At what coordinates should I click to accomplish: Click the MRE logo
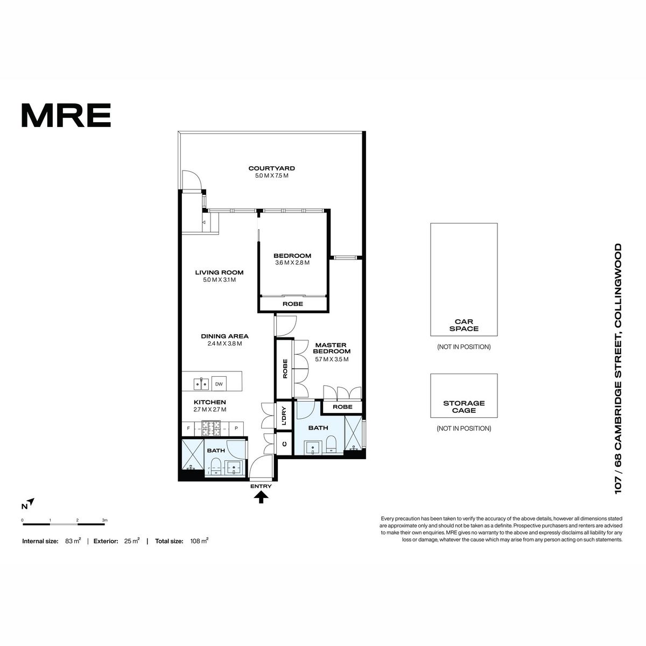(66, 115)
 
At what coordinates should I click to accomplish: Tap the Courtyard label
(271, 168)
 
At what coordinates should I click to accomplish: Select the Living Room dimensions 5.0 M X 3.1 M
(219, 279)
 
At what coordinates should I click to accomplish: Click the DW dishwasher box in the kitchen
(219, 384)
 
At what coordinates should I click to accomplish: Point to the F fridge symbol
(188, 428)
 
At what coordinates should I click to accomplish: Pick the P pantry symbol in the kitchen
(236, 428)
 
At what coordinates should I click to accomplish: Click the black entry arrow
(261, 497)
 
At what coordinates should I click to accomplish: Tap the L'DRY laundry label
(284, 416)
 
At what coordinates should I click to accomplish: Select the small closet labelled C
(285, 444)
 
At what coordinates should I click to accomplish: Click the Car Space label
(464, 325)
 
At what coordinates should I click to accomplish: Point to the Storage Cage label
(464, 406)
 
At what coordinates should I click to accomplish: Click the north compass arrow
(31, 502)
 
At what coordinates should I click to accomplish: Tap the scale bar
(64, 524)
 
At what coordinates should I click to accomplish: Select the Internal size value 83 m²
(73, 540)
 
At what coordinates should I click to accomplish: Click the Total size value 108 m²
(199, 540)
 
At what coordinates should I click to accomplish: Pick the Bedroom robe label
(293, 304)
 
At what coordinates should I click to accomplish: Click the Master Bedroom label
(332, 348)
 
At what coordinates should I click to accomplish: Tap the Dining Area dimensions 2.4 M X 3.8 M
(224, 343)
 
